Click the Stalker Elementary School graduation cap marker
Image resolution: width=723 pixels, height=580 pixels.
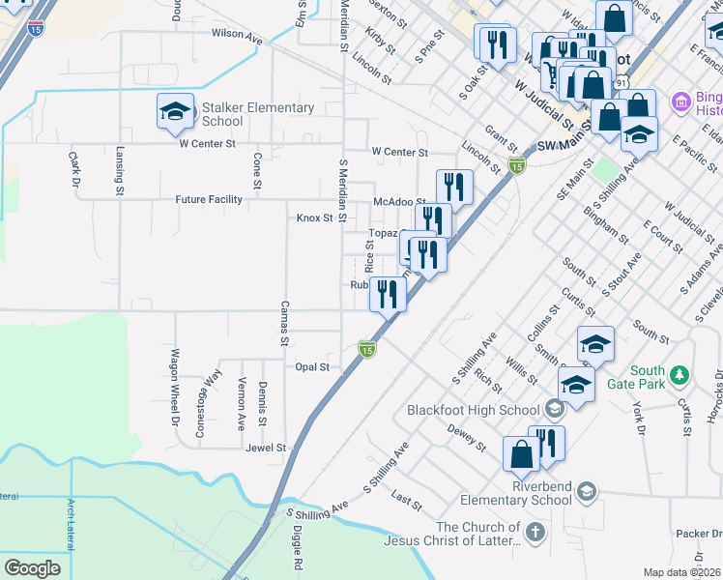(175, 112)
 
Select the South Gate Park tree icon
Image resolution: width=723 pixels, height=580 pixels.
(680, 373)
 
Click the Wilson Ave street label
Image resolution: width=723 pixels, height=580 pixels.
(237, 38)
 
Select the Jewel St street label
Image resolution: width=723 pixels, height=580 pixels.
(266, 449)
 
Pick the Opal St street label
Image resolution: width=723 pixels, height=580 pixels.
(312, 367)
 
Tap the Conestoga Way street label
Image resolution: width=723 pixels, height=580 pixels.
(205, 403)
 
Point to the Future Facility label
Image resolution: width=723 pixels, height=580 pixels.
(209, 200)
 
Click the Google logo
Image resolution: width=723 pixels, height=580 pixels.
(33, 568)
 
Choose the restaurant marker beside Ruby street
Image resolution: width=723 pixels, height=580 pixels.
(388, 295)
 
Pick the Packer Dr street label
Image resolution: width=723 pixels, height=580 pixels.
(698, 534)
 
